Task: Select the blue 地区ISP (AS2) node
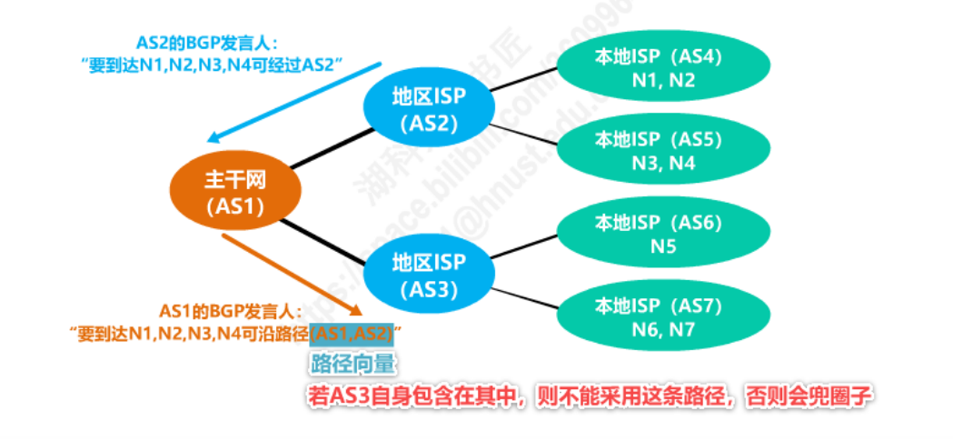click(x=428, y=108)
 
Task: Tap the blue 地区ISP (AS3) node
click(x=428, y=276)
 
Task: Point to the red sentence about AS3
click(x=587, y=397)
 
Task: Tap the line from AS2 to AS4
click(x=525, y=79)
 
